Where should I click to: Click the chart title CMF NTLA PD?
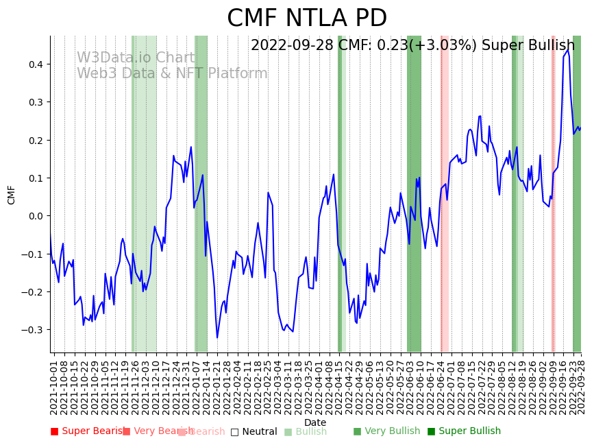tap(306, 19)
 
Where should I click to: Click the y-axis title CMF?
tap(12, 195)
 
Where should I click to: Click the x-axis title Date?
tap(315, 422)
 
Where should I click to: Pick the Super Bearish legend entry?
tap(87, 431)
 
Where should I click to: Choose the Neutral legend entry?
tap(254, 431)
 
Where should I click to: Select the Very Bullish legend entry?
tap(386, 431)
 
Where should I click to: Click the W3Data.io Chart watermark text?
tap(135, 58)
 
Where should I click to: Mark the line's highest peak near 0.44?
tap(567, 49)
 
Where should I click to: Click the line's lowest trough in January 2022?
tap(217, 337)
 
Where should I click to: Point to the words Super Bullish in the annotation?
tap(528, 46)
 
